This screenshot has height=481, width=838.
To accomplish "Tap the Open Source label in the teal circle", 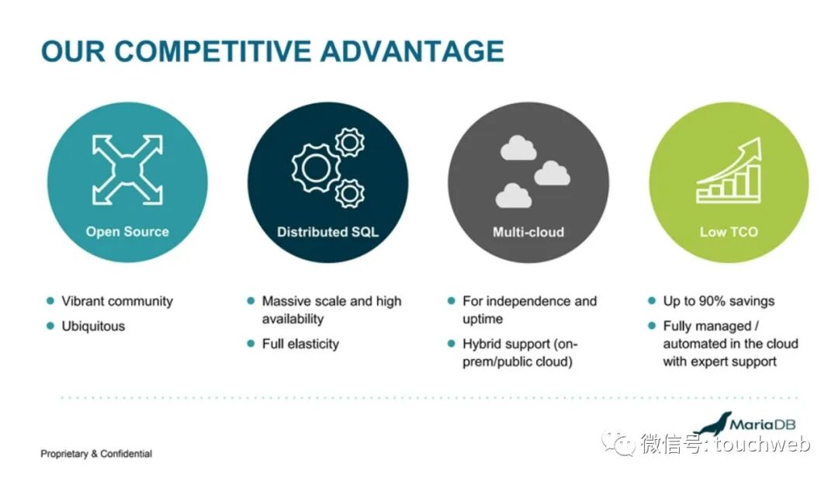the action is [127, 231].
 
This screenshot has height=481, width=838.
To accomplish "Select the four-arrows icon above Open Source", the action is [127, 168].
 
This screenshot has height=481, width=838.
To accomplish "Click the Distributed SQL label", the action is [327, 232].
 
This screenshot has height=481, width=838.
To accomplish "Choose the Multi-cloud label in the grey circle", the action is [528, 232].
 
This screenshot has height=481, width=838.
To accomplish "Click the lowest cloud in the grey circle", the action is [514, 196].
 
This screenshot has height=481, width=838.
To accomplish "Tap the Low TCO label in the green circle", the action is [729, 231].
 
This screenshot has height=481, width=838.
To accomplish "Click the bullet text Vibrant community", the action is [117, 301].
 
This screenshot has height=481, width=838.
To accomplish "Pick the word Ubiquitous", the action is [93, 326].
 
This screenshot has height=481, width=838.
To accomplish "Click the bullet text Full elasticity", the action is [300, 343].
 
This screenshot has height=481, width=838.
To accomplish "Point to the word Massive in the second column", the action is [286, 301].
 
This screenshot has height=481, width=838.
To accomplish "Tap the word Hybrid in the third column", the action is [483, 343].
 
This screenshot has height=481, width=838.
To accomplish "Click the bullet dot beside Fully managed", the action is [652, 326].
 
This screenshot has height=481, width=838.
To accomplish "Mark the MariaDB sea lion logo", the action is [712, 424].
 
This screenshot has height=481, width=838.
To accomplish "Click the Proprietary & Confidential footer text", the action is [96, 454].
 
